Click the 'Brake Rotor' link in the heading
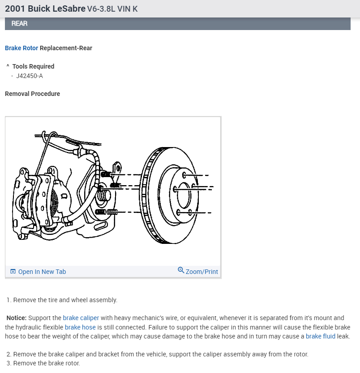[x=21, y=48]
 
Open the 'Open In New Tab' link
[x=42, y=272]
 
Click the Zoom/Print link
[x=201, y=272]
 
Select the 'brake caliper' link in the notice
[x=81, y=318]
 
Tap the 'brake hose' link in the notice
[x=80, y=327]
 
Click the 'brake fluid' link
[x=320, y=336]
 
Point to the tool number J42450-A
[x=30, y=76]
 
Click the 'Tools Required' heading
[x=33, y=66]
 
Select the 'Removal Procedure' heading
[x=32, y=94]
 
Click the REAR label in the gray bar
[x=19, y=23]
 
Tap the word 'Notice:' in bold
[x=17, y=318]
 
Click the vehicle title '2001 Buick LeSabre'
[x=45, y=9]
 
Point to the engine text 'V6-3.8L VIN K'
[x=112, y=9]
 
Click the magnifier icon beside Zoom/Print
[x=181, y=270]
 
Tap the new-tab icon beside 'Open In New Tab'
[x=13, y=272]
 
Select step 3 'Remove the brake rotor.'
[x=43, y=363]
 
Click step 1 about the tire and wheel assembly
[x=62, y=300]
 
